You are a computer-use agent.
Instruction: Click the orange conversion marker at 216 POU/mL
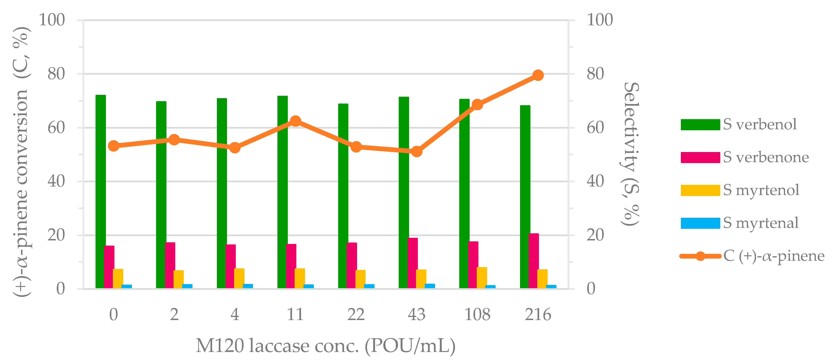point(538,75)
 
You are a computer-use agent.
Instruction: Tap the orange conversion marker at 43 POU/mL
point(416,151)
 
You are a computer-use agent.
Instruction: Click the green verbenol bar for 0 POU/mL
point(101,191)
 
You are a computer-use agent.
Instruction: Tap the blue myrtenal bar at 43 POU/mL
point(430,286)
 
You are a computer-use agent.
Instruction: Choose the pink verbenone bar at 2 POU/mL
point(170,265)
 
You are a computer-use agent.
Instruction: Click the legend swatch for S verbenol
point(700,124)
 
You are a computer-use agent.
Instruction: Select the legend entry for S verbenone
point(766,157)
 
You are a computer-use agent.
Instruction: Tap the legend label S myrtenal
point(761,223)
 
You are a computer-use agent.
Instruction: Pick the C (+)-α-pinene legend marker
point(700,256)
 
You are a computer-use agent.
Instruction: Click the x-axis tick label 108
point(477,314)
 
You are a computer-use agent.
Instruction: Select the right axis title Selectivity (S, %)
point(630,154)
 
